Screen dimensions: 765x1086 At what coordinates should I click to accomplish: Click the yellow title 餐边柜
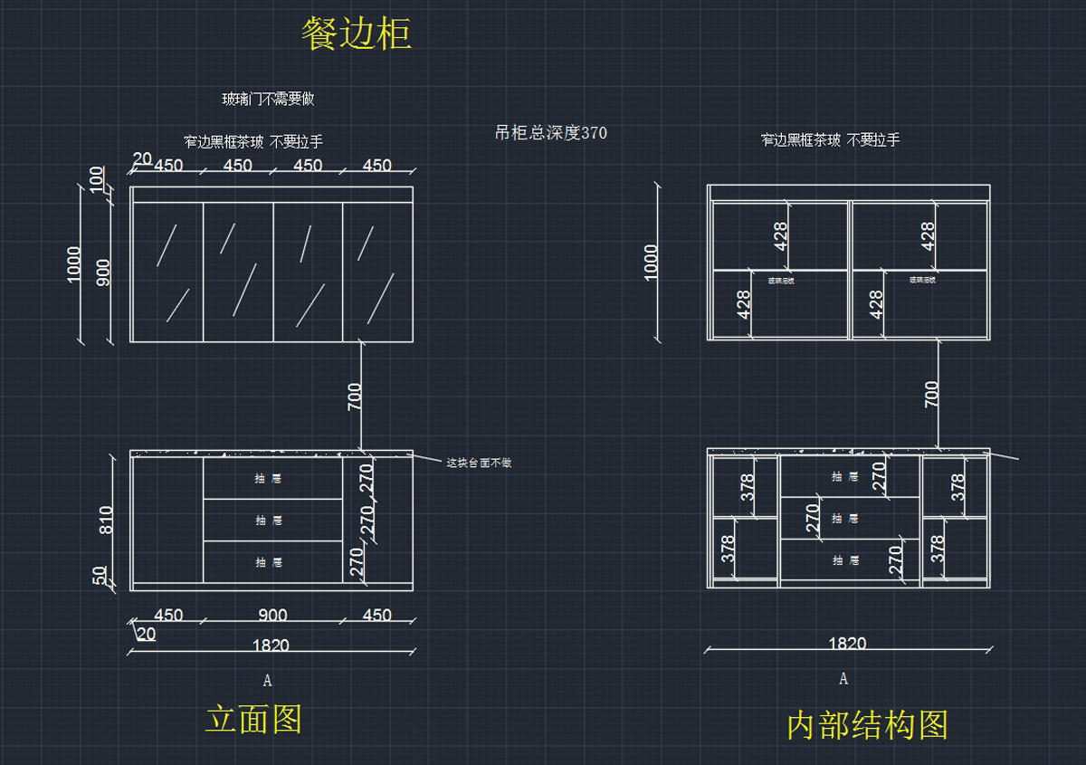[x=357, y=34]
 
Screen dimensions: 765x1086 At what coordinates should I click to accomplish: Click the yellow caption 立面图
[x=253, y=719]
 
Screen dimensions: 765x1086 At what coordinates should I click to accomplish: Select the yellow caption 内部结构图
[x=867, y=725]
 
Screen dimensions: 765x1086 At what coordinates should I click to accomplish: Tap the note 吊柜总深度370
[x=551, y=133]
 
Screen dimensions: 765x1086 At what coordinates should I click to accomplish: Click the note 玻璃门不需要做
[x=268, y=100]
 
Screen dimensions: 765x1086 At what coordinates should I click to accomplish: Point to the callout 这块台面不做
[x=479, y=463]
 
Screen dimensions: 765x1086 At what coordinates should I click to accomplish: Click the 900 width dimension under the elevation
[x=272, y=616]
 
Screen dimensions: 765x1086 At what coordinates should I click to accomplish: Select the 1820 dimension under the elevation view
[x=271, y=645]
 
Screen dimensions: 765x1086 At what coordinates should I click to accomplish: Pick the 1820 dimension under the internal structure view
[x=847, y=644]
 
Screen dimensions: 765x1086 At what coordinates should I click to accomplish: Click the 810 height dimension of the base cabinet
[x=106, y=520]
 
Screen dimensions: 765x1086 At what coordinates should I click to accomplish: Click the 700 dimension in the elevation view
[x=354, y=397]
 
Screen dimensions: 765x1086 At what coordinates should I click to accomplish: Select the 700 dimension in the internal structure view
[x=931, y=394]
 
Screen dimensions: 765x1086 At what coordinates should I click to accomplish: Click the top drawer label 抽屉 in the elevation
[x=269, y=478]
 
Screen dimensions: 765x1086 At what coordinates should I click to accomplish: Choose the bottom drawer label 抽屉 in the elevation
[x=269, y=562]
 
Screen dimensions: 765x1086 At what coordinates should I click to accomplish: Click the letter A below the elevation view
[x=267, y=679]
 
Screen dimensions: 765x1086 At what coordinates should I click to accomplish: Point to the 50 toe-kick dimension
[x=100, y=576]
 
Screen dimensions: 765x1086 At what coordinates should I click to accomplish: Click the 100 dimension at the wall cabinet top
[x=97, y=178]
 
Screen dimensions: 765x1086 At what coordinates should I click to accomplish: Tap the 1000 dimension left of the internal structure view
[x=651, y=263]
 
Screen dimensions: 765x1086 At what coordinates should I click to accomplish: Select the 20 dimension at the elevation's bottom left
[x=146, y=635]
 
